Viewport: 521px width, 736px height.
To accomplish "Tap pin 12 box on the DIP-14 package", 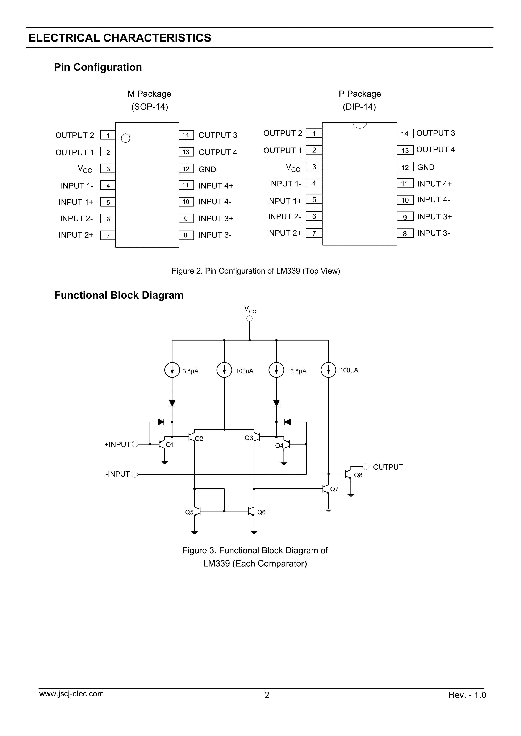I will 405,167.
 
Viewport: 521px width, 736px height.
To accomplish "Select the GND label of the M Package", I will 207,169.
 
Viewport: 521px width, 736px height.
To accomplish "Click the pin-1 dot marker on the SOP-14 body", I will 125,138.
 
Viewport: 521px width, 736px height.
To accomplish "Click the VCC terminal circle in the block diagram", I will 249,318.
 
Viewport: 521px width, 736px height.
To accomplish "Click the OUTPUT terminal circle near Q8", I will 365,466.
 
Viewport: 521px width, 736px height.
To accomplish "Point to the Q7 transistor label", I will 334,489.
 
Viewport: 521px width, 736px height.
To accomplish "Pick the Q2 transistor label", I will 199,439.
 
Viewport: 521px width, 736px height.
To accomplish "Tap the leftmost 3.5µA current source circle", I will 172,370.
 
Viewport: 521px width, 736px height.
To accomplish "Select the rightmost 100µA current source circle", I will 328,370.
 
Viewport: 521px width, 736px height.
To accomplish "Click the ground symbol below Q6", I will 254,532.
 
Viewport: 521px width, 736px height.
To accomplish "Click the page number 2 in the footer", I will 267,695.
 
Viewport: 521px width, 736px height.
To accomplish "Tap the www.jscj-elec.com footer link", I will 71,694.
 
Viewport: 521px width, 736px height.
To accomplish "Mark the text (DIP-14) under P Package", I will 359,107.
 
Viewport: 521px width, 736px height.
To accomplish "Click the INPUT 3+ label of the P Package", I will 434,217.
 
